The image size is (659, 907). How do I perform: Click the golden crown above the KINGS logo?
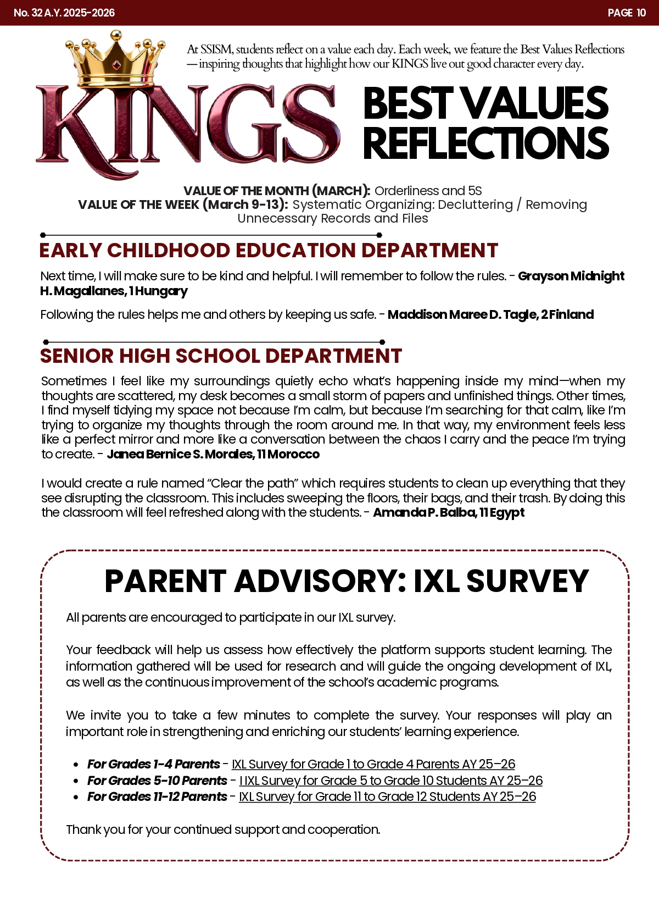[x=115, y=58]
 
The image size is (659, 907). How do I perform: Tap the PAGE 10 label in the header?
[x=627, y=13]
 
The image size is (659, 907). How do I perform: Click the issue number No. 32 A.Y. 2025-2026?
[x=64, y=13]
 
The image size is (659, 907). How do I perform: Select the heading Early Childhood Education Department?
[x=269, y=251]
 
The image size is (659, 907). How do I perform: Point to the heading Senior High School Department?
[x=221, y=356]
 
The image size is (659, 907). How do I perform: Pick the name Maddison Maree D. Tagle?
[x=461, y=314]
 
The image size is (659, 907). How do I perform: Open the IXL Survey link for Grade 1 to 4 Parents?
[x=373, y=764]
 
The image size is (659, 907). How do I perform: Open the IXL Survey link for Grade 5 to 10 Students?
[x=391, y=781]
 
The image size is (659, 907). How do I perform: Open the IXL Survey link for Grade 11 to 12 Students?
[x=388, y=797]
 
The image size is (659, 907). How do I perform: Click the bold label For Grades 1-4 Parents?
[x=154, y=764]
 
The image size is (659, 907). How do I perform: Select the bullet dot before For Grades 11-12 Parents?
[x=76, y=797]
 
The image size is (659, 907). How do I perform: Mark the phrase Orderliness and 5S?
[x=428, y=191]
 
